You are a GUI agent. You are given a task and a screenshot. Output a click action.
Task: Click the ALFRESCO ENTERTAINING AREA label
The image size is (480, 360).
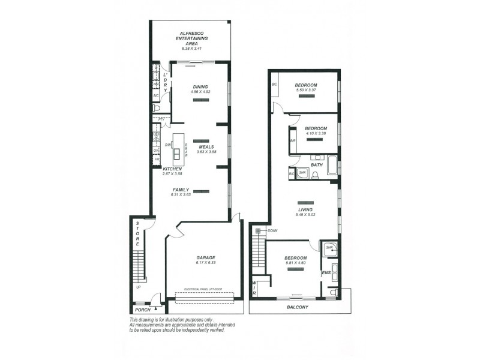pos(191,38)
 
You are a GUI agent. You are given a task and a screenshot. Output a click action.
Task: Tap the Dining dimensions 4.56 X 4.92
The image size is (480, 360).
pos(200,92)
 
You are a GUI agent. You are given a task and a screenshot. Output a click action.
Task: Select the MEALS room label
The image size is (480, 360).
pos(206,146)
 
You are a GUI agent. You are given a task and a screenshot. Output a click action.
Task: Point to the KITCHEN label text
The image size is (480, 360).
pos(172,169)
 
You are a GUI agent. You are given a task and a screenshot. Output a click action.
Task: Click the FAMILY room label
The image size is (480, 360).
pos(181,190)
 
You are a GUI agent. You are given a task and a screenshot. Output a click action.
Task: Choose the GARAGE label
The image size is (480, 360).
pos(205,257)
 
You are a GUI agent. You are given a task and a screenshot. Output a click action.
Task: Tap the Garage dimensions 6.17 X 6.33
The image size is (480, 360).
pos(205,263)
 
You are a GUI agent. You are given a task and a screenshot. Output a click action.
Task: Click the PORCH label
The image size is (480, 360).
pos(142,310)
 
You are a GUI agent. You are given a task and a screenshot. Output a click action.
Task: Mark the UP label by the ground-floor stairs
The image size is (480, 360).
pos(139,287)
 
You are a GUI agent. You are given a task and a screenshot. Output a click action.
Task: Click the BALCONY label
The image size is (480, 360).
pos(297,307)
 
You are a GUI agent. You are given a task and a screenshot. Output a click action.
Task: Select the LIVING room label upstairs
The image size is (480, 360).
pos(305,209)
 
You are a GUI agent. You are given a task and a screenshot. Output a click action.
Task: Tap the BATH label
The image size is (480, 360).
pos(316,164)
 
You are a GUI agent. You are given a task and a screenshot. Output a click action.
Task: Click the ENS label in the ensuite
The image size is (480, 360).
pos(326,273)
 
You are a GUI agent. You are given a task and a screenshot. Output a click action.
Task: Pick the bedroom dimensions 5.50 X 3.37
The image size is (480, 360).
pos(306,91)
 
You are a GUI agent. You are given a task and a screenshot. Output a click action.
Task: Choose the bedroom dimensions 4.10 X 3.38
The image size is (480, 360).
pos(316,134)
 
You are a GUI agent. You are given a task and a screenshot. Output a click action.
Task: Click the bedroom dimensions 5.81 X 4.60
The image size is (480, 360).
pos(295,262)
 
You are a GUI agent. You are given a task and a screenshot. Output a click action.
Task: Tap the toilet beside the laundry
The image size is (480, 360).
pos(157,109)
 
